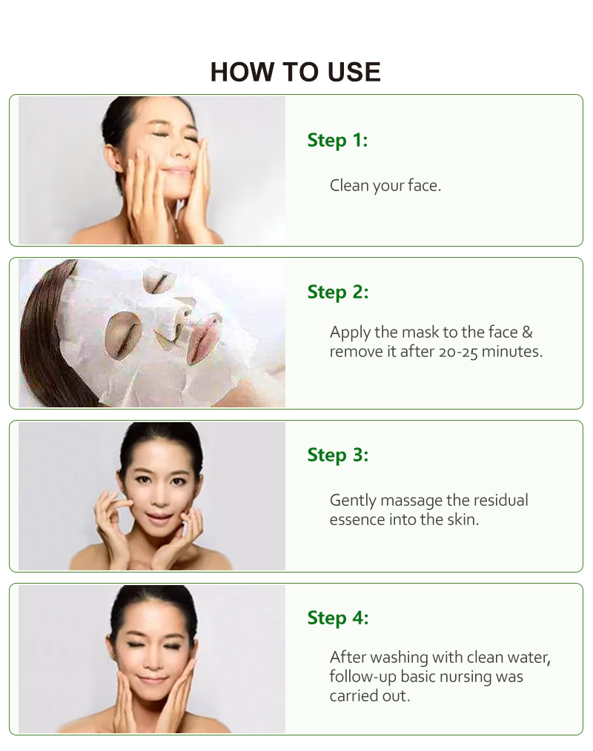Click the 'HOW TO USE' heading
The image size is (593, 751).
[x=295, y=72]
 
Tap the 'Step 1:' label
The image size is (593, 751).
[x=337, y=140]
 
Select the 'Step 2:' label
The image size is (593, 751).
[x=337, y=292]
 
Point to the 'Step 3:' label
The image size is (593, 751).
[x=337, y=455]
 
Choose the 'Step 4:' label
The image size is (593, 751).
[x=337, y=618]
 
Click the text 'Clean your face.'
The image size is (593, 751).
[x=385, y=185]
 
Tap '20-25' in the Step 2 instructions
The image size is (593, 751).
[x=457, y=351]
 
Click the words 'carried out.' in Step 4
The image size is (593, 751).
[x=368, y=696]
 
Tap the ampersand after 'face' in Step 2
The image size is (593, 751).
[x=526, y=333]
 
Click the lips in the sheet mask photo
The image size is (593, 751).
[x=203, y=337]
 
